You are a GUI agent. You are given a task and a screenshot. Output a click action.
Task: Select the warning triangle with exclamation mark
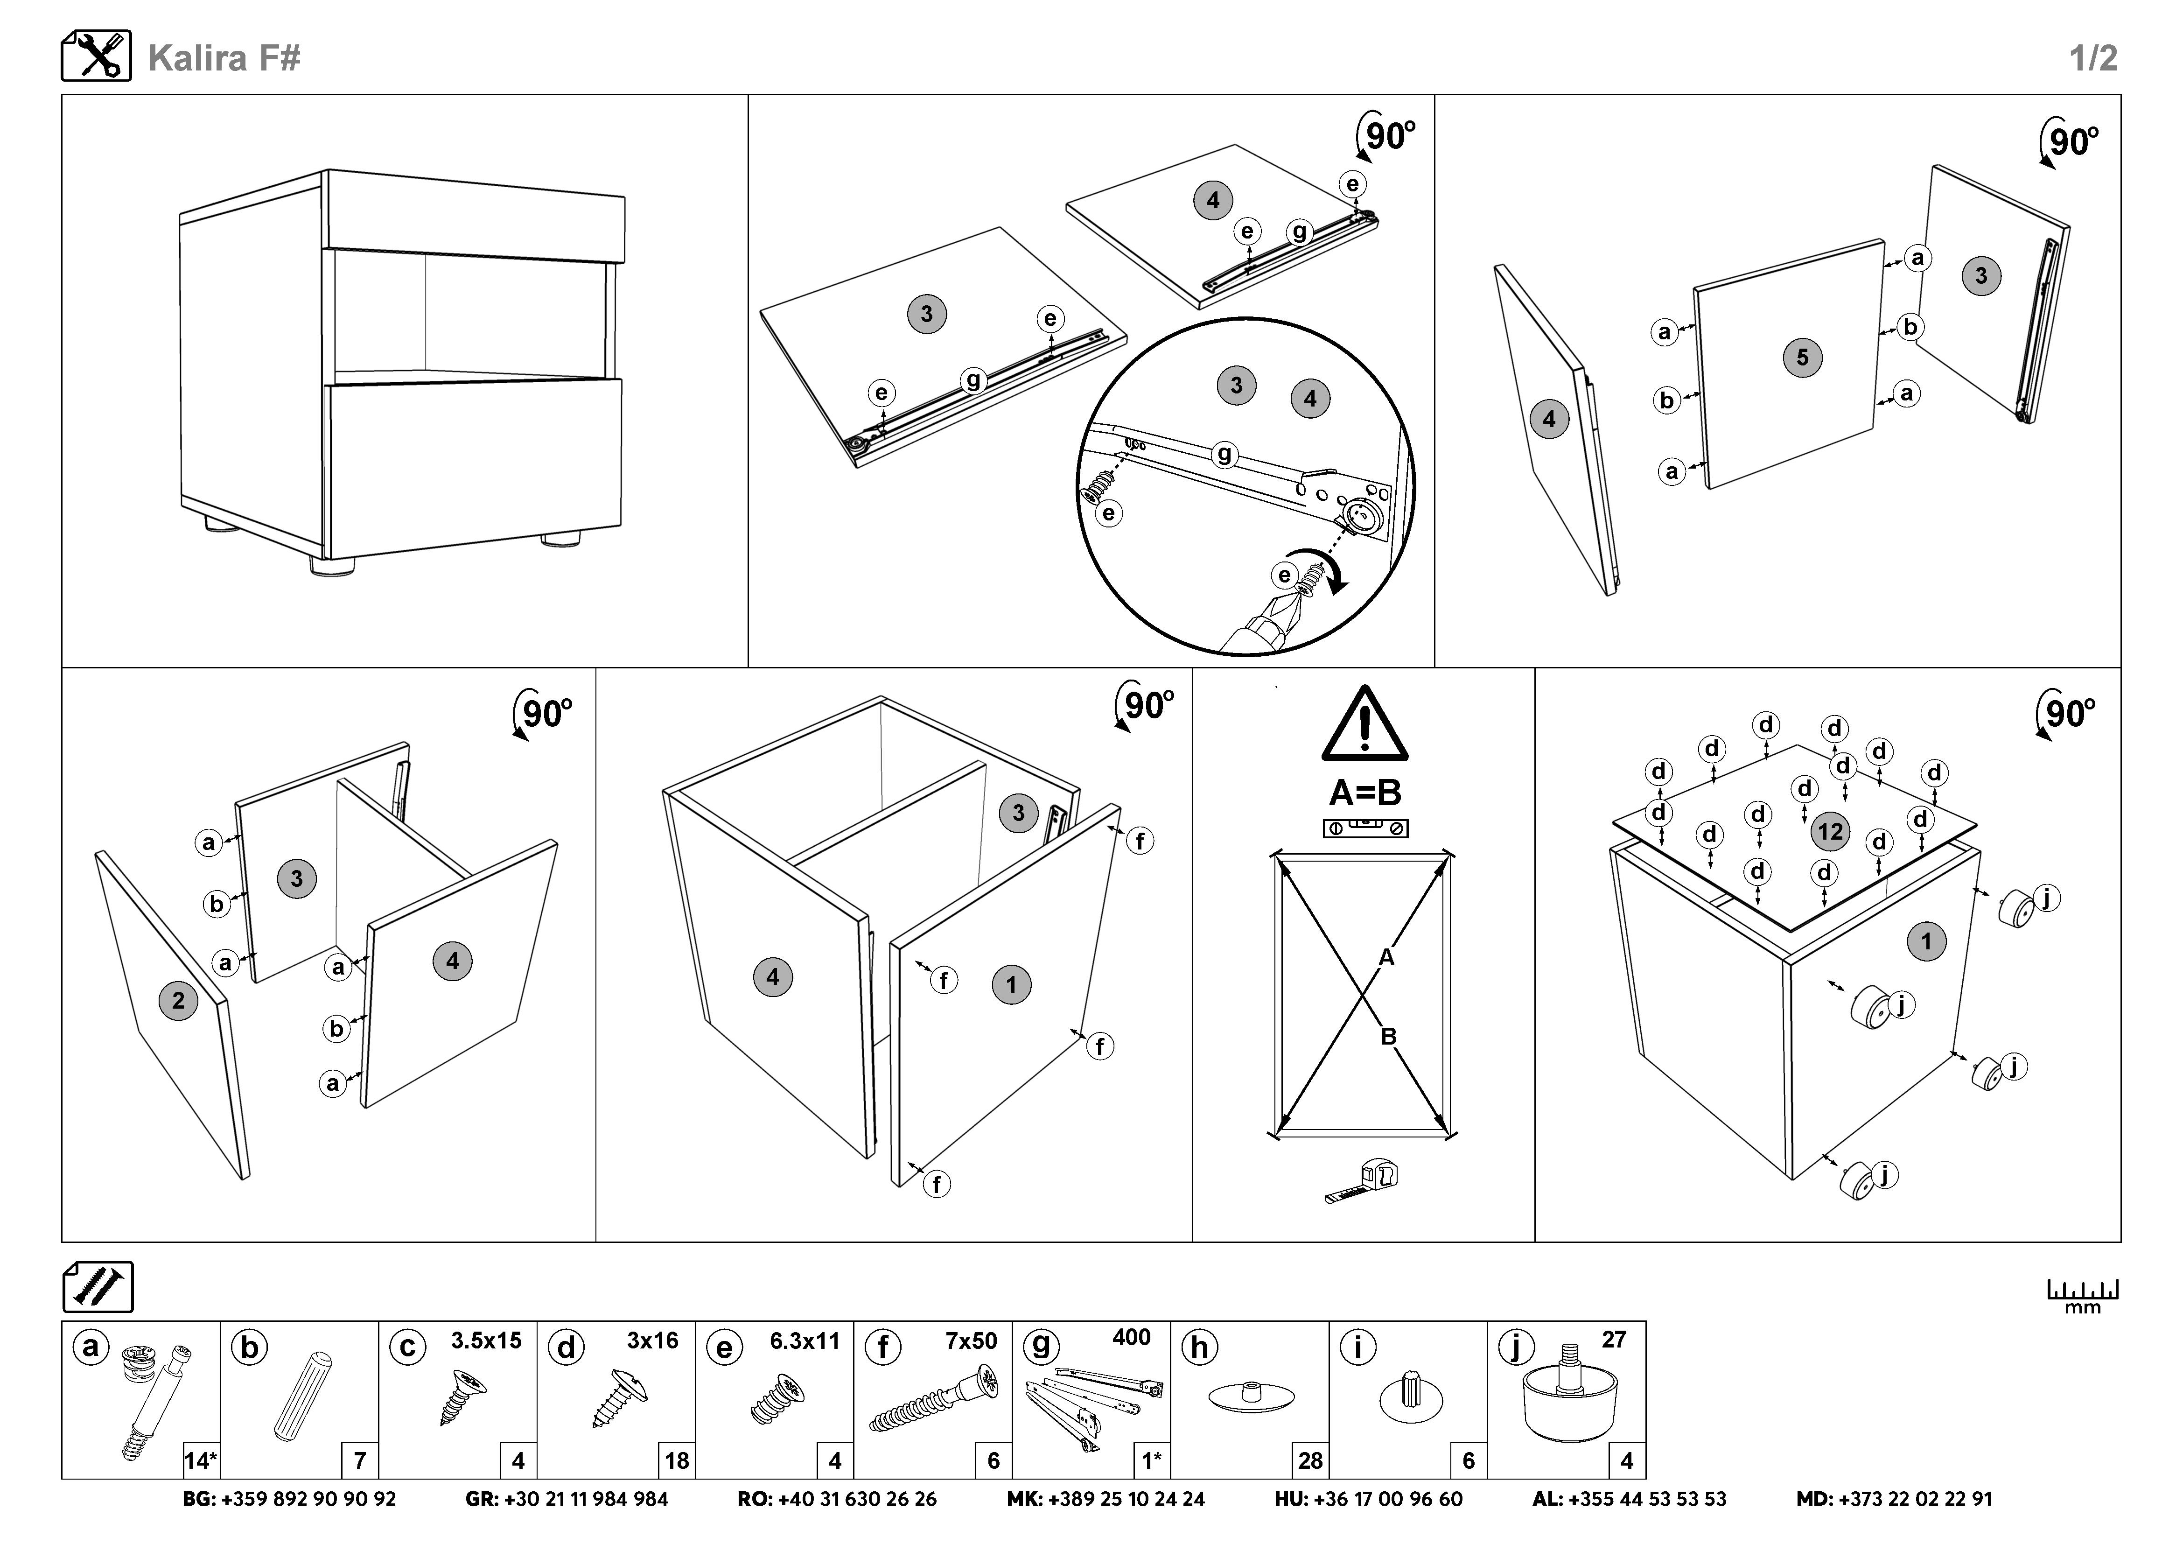click(x=1364, y=724)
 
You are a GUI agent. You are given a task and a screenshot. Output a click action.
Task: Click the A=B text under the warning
click(x=1364, y=792)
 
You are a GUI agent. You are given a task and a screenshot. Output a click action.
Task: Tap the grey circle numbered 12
click(x=1829, y=832)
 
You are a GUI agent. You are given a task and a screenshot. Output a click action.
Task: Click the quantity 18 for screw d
click(x=676, y=1460)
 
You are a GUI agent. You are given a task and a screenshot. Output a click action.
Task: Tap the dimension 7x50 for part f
click(x=971, y=1340)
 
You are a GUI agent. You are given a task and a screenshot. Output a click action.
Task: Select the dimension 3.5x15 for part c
click(x=486, y=1340)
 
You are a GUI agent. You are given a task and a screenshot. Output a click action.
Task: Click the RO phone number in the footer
click(x=837, y=1499)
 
